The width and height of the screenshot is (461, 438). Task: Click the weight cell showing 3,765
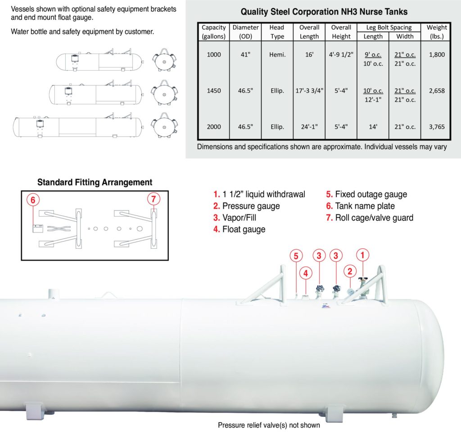(437, 127)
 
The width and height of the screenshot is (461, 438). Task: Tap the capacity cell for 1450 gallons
(213, 90)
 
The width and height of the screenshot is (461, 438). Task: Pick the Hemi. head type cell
(277, 54)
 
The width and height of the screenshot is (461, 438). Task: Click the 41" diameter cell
(245, 54)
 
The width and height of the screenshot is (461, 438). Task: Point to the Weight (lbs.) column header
(437, 32)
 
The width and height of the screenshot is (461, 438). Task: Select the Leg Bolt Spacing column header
(389, 27)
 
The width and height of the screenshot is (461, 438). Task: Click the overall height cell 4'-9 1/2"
(341, 54)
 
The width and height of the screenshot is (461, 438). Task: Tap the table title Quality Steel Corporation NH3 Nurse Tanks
(324, 12)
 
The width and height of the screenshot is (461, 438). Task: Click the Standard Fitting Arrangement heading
(95, 182)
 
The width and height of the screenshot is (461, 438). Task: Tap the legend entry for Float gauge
(240, 229)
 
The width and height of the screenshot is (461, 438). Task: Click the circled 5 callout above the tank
(296, 256)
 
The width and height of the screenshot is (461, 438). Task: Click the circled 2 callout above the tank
(350, 271)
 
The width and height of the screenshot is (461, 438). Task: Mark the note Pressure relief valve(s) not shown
(269, 425)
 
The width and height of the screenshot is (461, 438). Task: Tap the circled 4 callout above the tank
(305, 273)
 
